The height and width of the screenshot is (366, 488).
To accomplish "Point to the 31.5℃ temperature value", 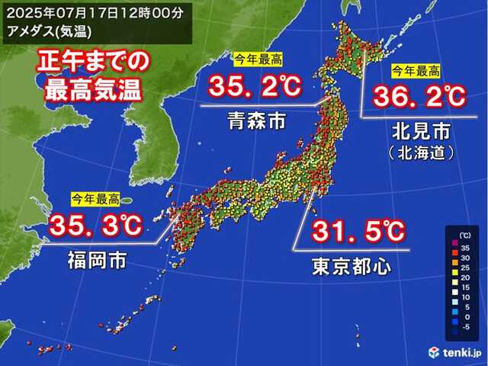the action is coord(356,230).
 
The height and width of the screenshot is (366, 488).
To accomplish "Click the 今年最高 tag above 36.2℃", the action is coord(416,71).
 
